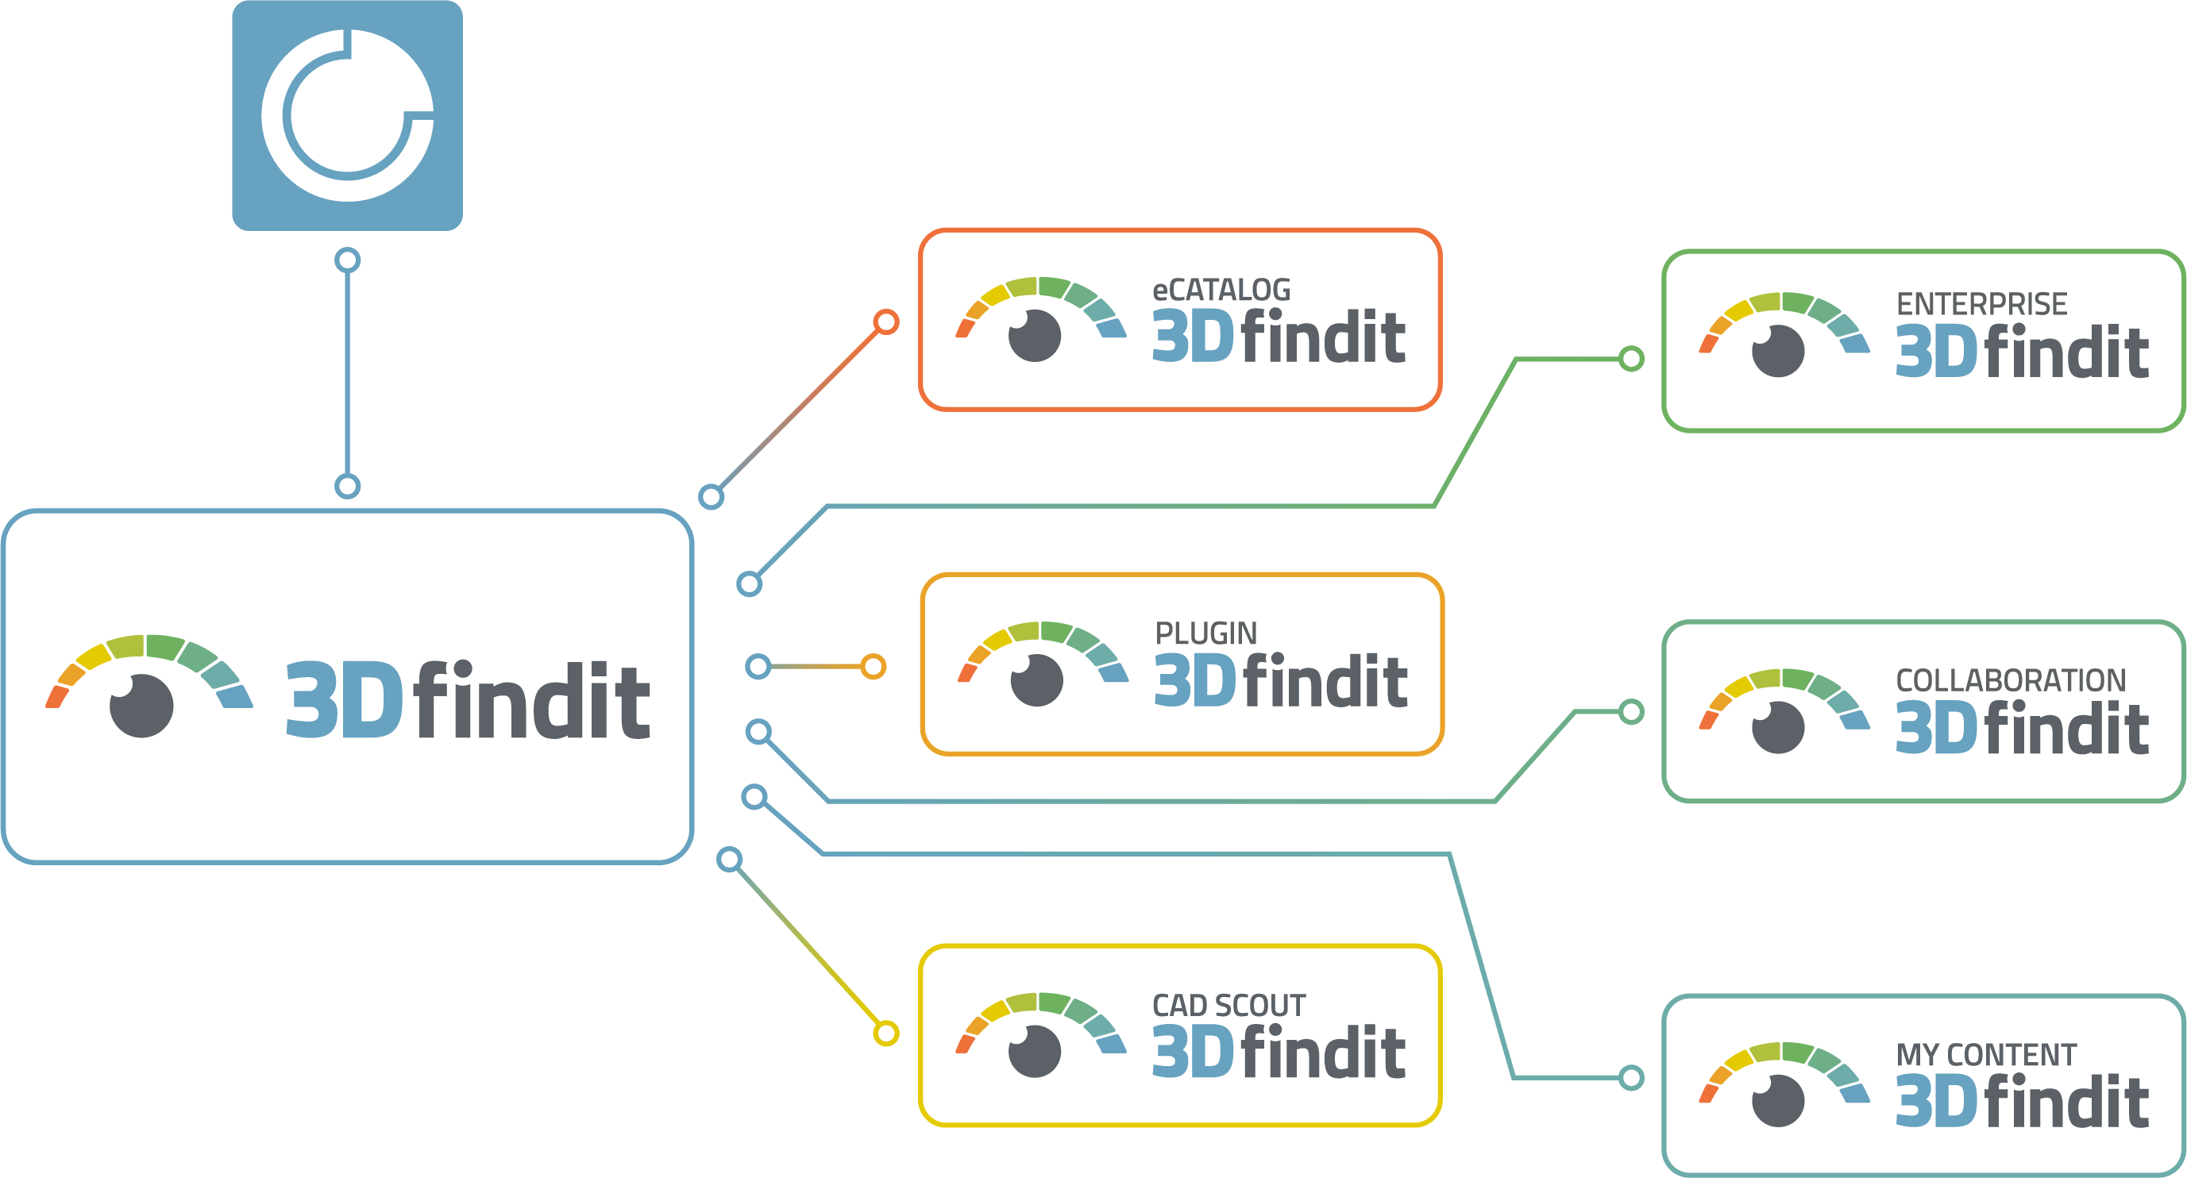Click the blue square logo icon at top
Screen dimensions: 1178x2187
click(347, 115)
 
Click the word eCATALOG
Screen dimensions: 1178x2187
click(1221, 291)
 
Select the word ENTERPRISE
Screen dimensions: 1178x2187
click(1981, 305)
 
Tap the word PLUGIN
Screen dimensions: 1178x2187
click(1205, 634)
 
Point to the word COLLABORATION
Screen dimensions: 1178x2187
click(2011, 680)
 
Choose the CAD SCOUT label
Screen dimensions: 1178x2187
click(1228, 1006)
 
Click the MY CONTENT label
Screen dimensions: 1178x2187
click(1986, 1055)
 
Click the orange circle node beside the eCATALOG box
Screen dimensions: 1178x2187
click(885, 321)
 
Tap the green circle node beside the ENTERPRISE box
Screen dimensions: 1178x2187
click(1631, 359)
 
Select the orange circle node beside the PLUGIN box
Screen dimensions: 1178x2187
click(873, 666)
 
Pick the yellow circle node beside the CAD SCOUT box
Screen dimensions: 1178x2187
click(885, 1033)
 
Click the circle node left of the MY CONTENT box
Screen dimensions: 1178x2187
click(1631, 1078)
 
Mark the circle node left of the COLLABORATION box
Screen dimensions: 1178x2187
click(1631, 712)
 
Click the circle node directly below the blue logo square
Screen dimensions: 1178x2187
click(347, 260)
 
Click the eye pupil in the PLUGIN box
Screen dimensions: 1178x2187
click(1036, 679)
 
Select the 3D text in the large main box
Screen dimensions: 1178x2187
click(344, 699)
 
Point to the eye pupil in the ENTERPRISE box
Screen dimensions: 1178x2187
click(1778, 351)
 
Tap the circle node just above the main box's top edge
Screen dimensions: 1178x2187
click(347, 487)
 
